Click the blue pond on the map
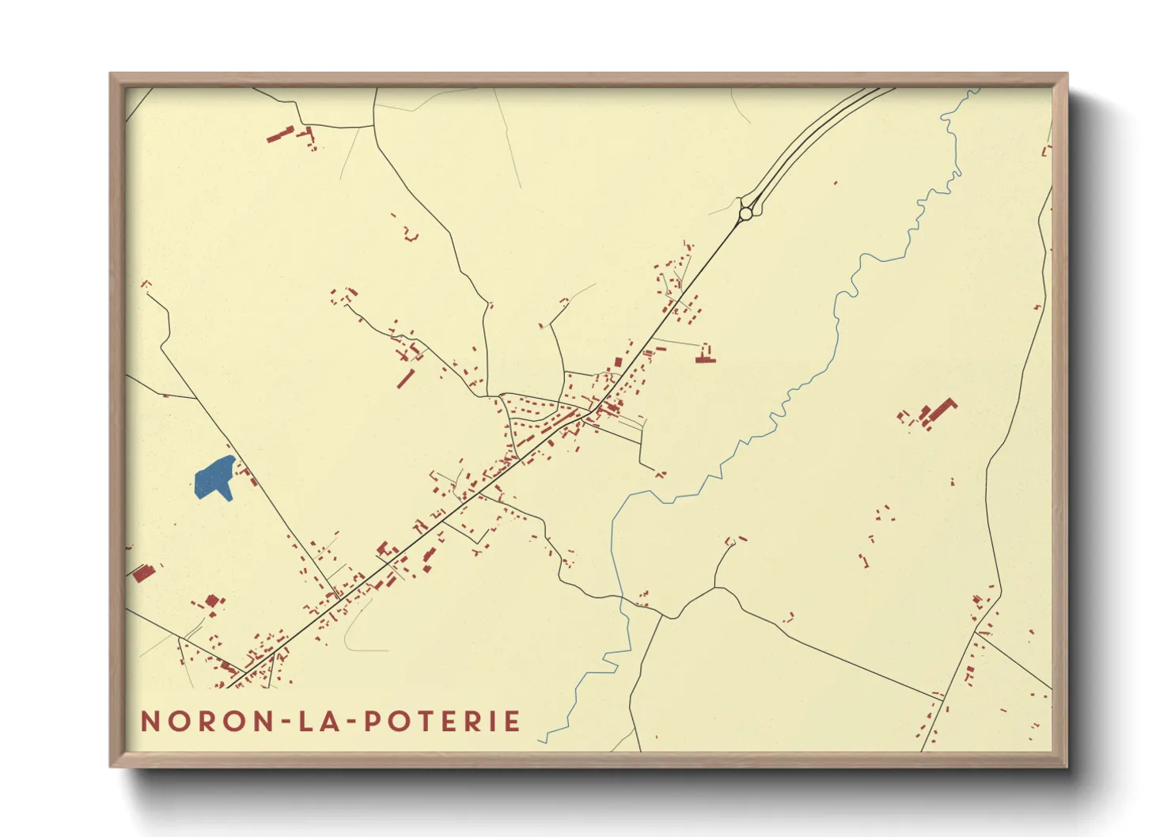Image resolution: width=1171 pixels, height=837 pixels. pos(213,478)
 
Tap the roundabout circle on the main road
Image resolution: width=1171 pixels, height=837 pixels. pos(746,212)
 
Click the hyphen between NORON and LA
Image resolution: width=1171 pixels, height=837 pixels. pos(283,722)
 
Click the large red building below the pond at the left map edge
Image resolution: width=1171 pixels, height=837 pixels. pos(142,573)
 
